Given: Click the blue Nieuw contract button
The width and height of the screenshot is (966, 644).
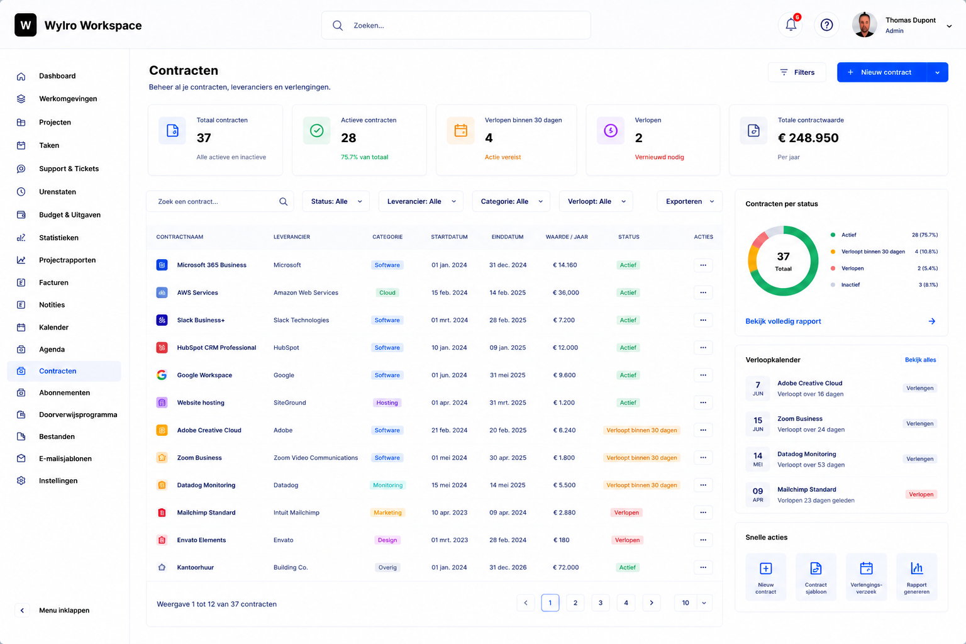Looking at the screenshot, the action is (881, 72).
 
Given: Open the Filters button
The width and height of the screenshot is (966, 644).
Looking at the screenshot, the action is (797, 72).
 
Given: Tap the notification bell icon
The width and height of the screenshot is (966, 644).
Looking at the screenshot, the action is (791, 25).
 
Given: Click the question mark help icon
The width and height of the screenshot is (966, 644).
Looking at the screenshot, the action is (826, 25).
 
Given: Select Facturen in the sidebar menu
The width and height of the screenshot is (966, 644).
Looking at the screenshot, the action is (53, 282).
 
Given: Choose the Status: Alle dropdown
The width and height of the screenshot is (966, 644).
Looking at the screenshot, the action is (336, 201).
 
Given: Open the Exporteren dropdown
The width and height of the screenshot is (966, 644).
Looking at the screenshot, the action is (689, 201).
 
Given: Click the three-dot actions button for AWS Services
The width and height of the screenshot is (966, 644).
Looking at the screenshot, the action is (703, 292).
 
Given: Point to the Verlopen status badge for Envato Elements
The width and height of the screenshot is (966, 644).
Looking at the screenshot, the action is (627, 540).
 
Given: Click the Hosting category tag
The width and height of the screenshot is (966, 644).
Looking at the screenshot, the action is (387, 402).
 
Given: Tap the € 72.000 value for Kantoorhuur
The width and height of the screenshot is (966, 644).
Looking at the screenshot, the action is (566, 567).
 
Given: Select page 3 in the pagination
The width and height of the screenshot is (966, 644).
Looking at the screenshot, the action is (601, 603).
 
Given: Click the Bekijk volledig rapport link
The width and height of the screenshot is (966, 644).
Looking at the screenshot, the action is (783, 321).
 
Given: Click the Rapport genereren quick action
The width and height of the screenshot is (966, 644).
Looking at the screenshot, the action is (916, 577).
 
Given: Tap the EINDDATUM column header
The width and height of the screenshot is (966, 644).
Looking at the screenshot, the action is (508, 237).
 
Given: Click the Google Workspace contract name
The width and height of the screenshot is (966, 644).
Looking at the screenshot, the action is (204, 375).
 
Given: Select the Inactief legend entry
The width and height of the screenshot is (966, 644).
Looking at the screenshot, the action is (850, 285).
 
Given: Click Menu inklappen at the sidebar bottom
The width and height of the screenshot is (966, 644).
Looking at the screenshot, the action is (64, 611).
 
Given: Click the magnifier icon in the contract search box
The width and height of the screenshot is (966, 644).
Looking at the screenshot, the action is (283, 201).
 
